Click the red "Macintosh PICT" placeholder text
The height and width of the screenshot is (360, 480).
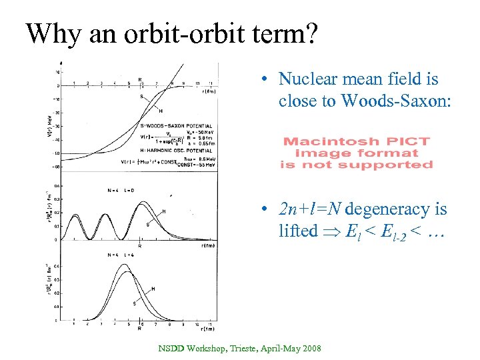click(357, 141)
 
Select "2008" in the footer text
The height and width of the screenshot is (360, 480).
click(310, 348)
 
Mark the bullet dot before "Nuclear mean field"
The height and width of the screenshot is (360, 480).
click(265, 79)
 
